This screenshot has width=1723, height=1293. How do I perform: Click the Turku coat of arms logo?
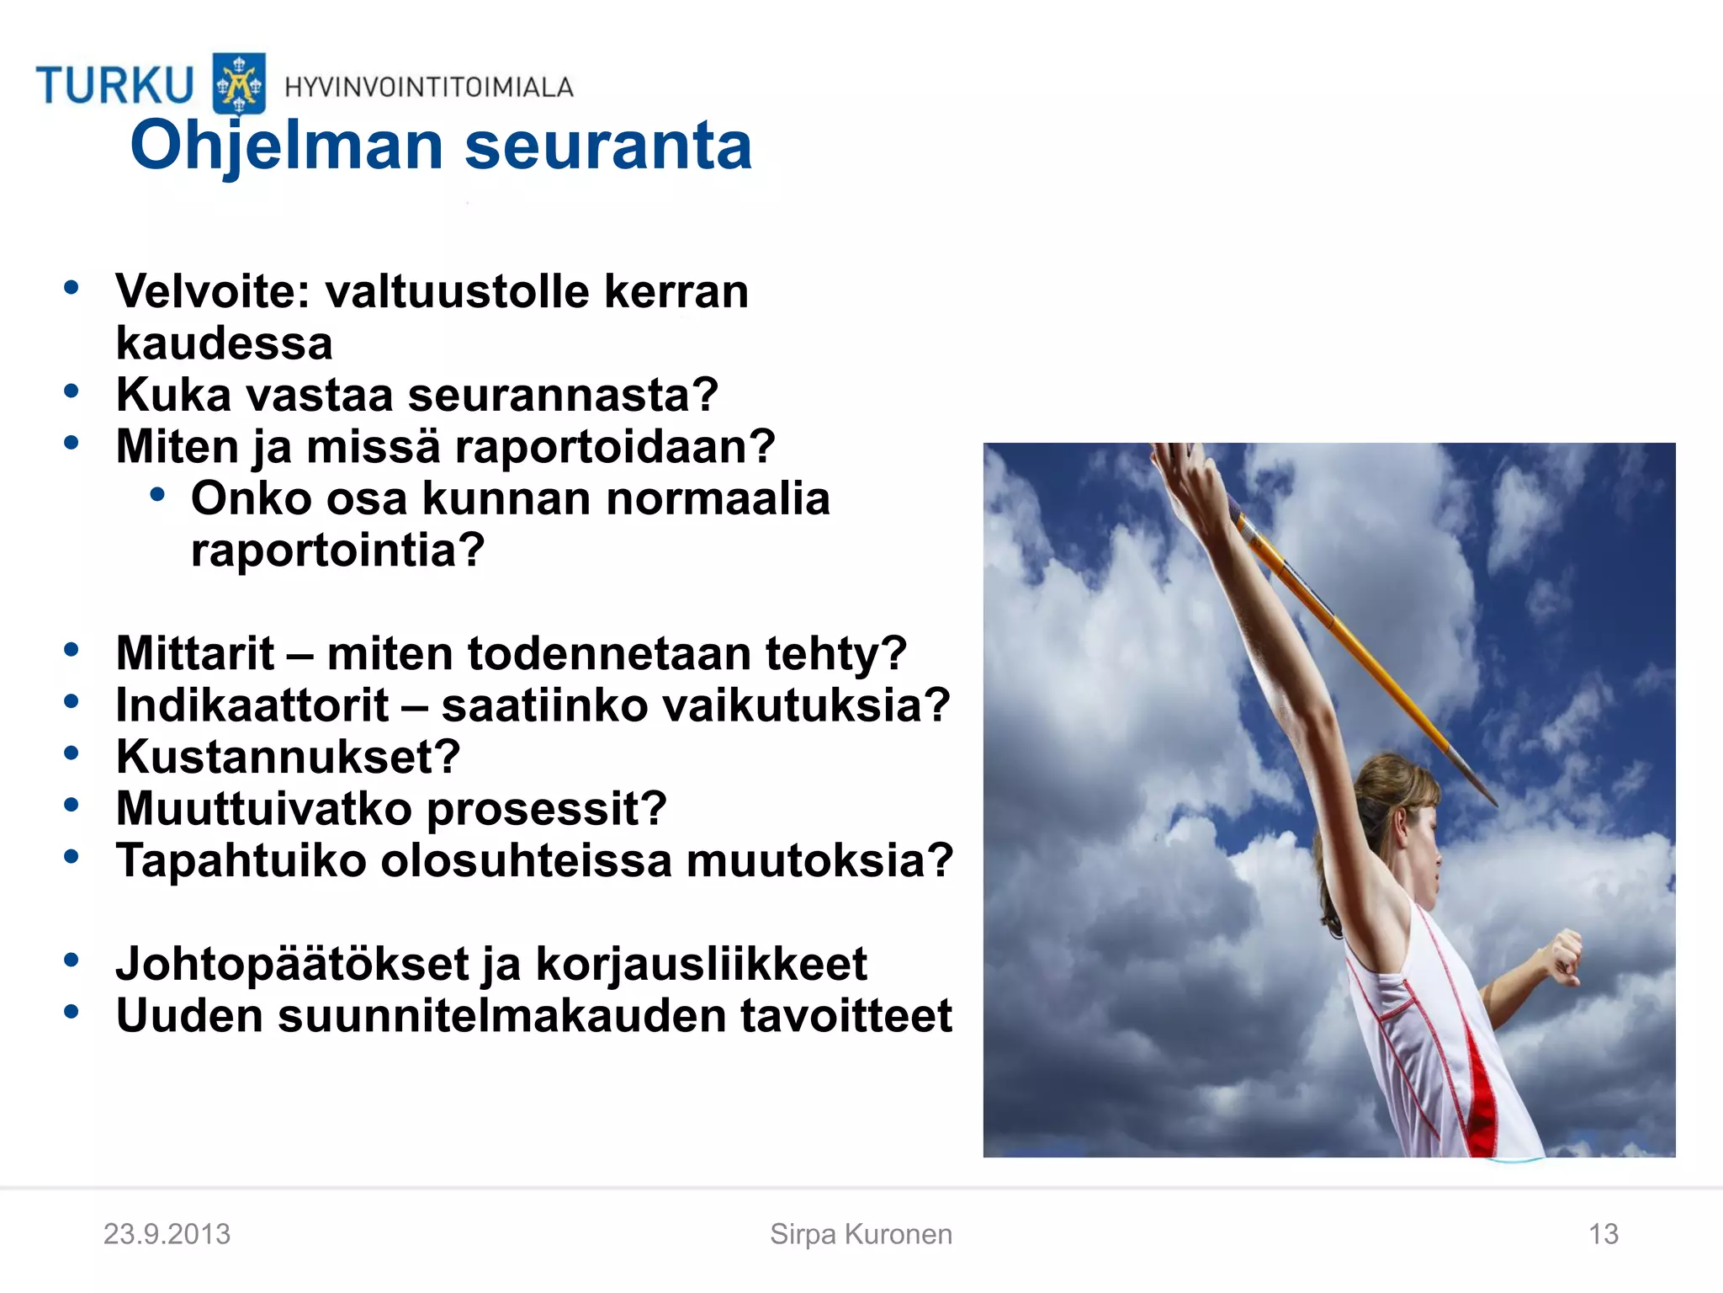pos(239,83)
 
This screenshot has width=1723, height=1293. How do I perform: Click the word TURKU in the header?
pos(114,85)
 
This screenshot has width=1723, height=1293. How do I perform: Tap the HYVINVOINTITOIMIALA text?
pos(429,87)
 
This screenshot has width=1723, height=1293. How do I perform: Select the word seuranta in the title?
pos(607,146)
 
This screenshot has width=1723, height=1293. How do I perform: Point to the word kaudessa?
pos(224,343)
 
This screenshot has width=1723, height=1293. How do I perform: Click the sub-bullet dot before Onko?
pos(157,495)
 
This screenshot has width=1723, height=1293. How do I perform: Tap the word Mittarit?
pos(195,653)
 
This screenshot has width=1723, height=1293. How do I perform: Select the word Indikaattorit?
pos(252,705)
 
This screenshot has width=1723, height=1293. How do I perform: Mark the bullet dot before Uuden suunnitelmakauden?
pos(72,1011)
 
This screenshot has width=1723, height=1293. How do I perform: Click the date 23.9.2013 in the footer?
pos(167,1234)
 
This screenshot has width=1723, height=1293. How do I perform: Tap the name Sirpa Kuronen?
pos(861,1234)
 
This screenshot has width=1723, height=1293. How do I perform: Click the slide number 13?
pos(1603,1234)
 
